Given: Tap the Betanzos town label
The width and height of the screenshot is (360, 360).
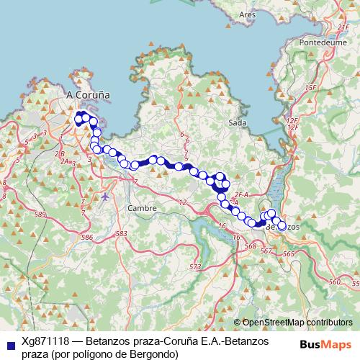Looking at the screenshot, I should (x=282, y=226).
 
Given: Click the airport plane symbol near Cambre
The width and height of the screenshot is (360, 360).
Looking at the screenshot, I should (x=106, y=196).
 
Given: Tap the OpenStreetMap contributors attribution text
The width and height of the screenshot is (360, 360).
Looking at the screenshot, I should (x=297, y=323).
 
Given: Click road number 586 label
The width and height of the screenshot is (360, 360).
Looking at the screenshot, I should (x=89, y=237).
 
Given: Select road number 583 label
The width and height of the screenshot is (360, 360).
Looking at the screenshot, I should (x=121, y=234).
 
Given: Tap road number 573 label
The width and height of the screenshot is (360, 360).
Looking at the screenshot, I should (x=194, y=267).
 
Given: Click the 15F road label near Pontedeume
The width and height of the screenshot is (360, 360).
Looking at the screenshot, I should (x=310, y=87).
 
